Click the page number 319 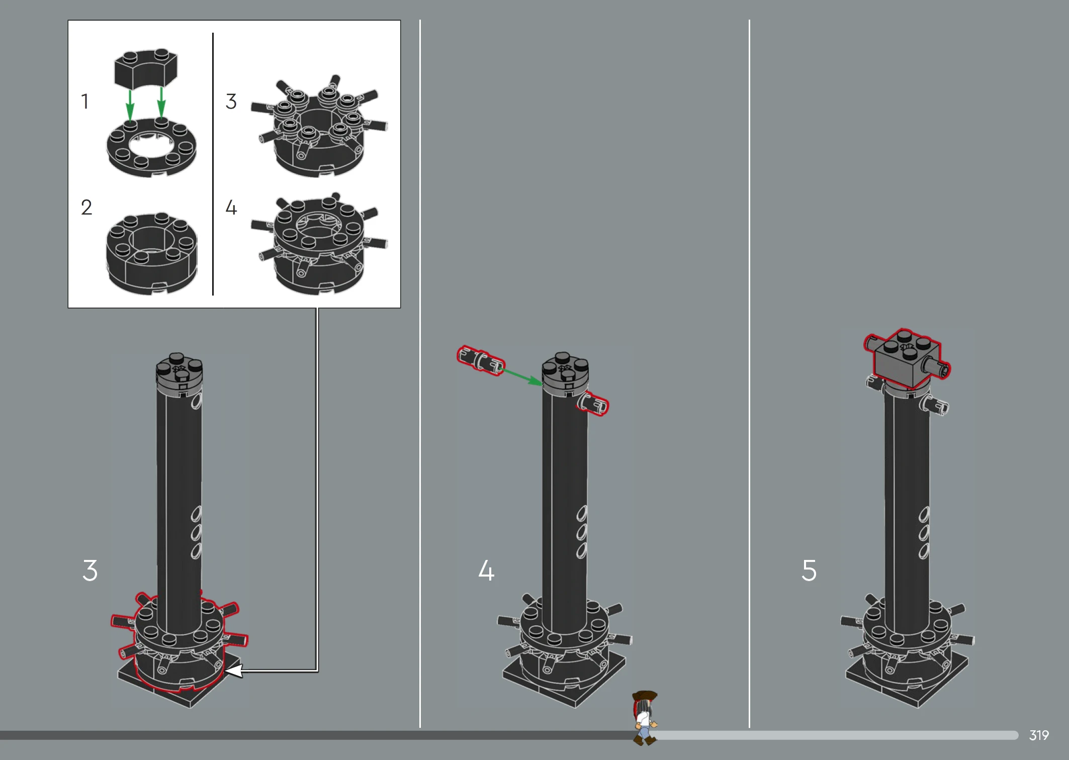[x=1039, y=735]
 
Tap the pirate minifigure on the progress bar [x=644, y=718]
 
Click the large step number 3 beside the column [x=90, y=571]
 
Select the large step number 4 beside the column [x=486, y=571]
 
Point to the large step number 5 [x=809, y=571]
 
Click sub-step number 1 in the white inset [x=85, y=101]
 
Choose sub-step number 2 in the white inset [x=86, y=207]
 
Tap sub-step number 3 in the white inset [x=231, y=101]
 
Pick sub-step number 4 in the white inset [x=231, y=207]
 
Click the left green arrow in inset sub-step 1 [x=130, y=105]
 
